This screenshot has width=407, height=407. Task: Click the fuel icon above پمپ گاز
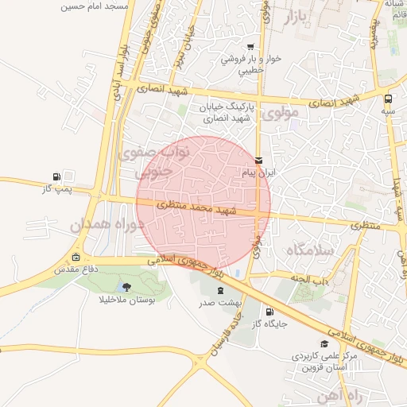[56, 176]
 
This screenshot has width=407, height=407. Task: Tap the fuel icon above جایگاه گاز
[268, 312]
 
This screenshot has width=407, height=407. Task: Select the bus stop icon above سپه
[388, 99]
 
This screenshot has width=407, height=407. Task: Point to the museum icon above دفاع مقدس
[76, 257]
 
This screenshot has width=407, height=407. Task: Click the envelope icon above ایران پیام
[258, 160]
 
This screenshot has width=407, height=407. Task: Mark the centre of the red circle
[203, 203]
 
